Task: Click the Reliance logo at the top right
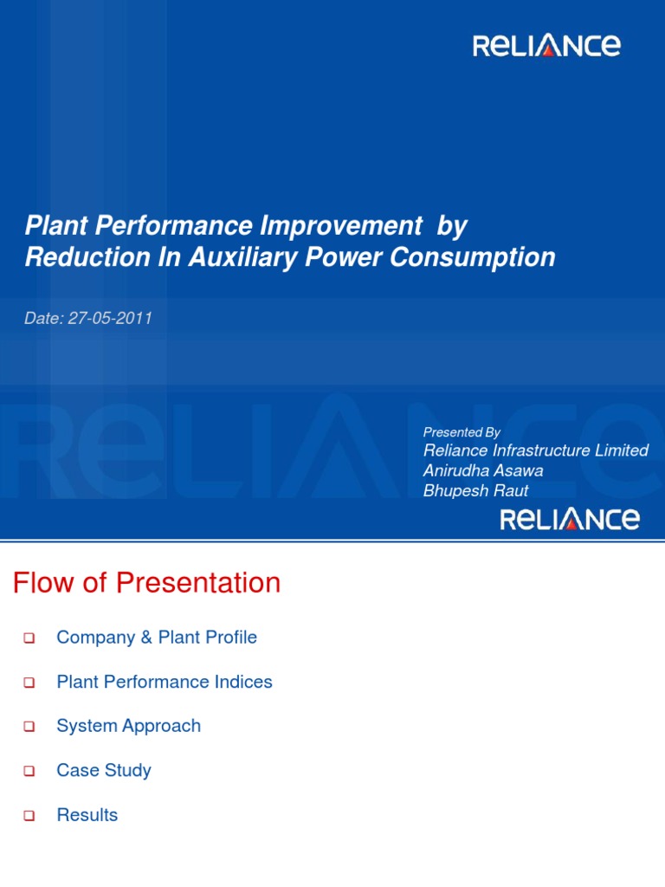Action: [x=546, y=46]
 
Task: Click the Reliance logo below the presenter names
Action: [x=571, y=520]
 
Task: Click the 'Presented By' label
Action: [x=462, y=432]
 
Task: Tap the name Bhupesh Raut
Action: [x=475, y=491]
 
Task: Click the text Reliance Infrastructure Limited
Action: [x=535, y=450]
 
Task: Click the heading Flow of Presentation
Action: [x=147, y=583]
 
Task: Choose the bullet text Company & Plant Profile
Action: [x=157, y=638]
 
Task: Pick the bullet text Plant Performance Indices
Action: [x=165, y=682]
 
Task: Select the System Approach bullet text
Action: [x=128, y=726]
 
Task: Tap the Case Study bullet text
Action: [x=104, y=770]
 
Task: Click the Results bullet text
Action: [x=87, y=815]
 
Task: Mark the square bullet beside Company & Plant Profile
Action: [x=29, y=638]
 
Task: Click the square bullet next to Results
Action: [x=29, y=816]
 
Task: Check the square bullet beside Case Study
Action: [x=29, y=771]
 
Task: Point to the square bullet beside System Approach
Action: [x=29, y=727]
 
